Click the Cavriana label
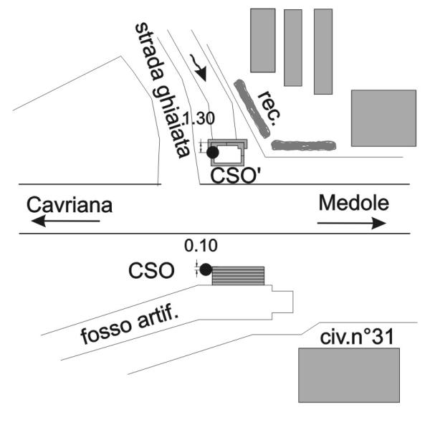70,205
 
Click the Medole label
353,203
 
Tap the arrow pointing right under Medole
351,223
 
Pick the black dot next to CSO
206,270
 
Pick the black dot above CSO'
212,152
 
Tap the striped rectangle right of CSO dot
238,276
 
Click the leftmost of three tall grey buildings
262,39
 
